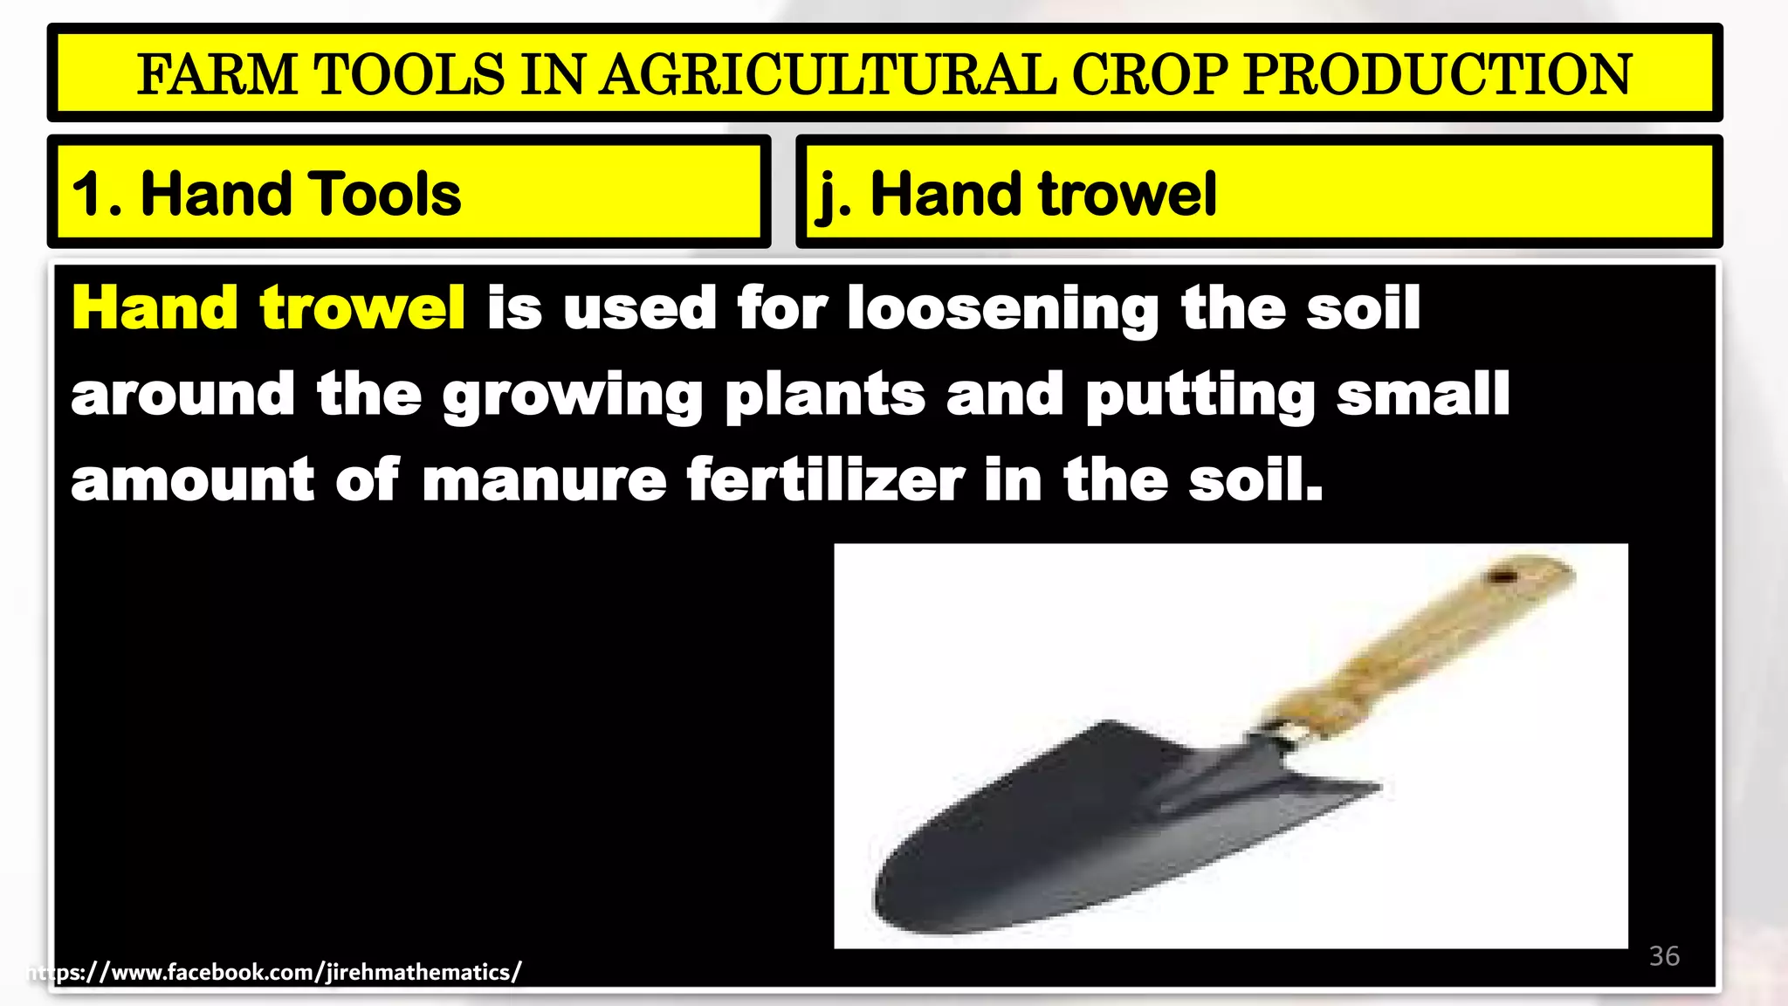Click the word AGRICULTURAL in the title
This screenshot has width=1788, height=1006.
[828, 74]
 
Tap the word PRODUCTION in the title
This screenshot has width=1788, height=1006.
[1437, 74]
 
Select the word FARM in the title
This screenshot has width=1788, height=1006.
[217, 74]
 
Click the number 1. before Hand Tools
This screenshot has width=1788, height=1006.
[96, 194]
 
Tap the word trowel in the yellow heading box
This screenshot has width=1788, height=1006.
[1127, 194]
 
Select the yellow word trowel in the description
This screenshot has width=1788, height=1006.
[361, 308]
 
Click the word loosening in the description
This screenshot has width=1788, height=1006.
[1003, 310]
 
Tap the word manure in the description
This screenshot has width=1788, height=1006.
[544, 480]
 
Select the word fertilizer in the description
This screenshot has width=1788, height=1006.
[825, 480]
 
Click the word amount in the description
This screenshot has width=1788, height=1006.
[192, 480]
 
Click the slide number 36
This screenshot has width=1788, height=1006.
[1664, 956]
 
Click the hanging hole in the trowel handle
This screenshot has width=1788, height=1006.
[1501, 575]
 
